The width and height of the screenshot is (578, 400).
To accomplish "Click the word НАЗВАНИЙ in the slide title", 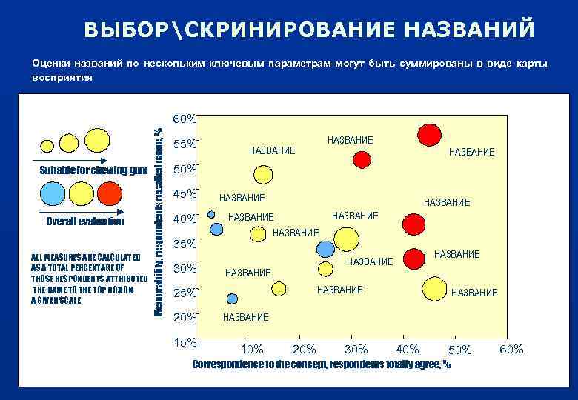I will pos(469,29).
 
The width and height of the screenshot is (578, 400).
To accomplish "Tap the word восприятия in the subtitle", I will pos(62,77).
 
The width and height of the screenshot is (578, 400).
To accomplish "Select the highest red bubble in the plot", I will pos(429,135).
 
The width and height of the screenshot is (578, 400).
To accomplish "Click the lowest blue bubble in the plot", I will pos(232,299).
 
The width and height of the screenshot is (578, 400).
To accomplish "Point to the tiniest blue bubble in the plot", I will pos(211,214).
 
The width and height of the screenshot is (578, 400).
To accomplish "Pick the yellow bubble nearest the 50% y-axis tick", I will pos(263,175).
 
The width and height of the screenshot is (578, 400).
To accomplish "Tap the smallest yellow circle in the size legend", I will pos(47,146).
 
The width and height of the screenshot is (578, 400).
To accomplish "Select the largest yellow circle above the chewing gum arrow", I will pos(97,139).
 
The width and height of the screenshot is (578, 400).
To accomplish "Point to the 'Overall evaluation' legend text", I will pos(85,221).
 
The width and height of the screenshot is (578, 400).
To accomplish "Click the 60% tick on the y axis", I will pos(184,119).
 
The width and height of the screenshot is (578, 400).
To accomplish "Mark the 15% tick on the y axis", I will pos(184,342).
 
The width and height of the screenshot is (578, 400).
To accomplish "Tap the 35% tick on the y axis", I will pos(184,243).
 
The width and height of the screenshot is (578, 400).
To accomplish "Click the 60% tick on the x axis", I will pos(511,349).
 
